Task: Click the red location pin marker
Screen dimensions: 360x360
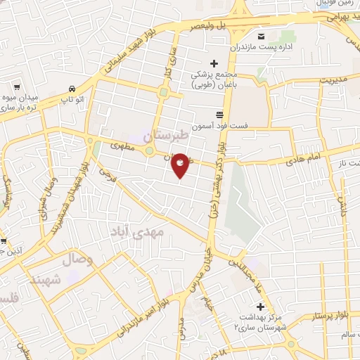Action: coord(181,165)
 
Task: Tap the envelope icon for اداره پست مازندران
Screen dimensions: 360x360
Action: coord(261,37)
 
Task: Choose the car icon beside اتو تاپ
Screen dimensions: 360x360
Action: coord(72,89)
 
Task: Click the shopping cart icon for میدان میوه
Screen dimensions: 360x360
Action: coord(15,88)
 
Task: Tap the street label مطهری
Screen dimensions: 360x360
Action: coord(122,146)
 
